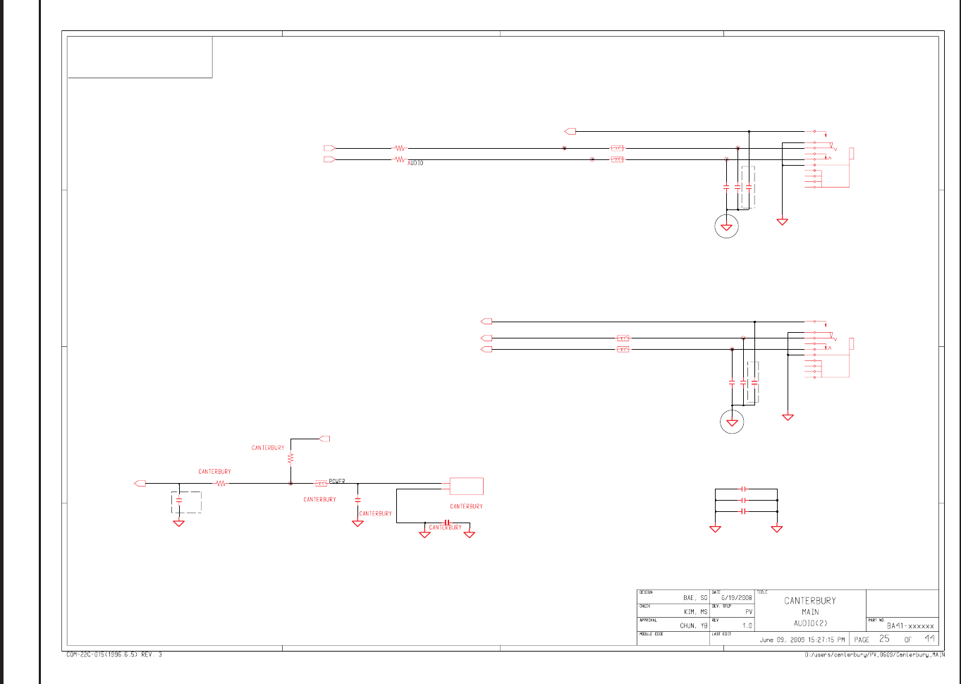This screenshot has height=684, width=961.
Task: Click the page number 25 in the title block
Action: click(884, 639)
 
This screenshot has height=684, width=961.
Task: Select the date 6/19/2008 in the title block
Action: click(736, 598)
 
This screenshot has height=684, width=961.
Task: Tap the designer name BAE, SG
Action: click(694, 598)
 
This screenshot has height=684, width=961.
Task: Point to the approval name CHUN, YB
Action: click(693, 625)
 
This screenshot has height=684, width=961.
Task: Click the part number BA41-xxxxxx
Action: click(910, 625)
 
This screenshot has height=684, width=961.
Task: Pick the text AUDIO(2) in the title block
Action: click(810, 623)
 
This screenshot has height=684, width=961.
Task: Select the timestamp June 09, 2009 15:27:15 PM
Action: click(802, 640)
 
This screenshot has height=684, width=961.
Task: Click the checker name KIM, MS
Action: click(695, 612)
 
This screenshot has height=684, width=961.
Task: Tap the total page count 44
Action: click(929, 639)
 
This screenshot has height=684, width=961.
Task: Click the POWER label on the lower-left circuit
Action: click(337, 481)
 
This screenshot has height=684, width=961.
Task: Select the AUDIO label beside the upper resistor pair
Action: click(415, 163)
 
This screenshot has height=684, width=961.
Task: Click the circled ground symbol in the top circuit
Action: click(726, 226)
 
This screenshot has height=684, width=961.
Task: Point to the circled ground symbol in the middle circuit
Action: click(732, 422)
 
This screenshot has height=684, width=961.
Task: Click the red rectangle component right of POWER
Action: click(466, 487)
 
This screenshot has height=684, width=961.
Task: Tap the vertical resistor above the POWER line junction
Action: click(290, 458)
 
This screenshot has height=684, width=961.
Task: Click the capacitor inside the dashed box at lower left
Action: click(179, 500)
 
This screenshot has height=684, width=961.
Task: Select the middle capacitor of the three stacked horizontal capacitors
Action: click(743, 500)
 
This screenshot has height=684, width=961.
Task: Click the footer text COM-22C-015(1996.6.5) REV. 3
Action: click(114, 654)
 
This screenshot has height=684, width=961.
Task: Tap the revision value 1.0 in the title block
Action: click(747, 625)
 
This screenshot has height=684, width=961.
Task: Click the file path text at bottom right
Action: click(874, 654)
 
